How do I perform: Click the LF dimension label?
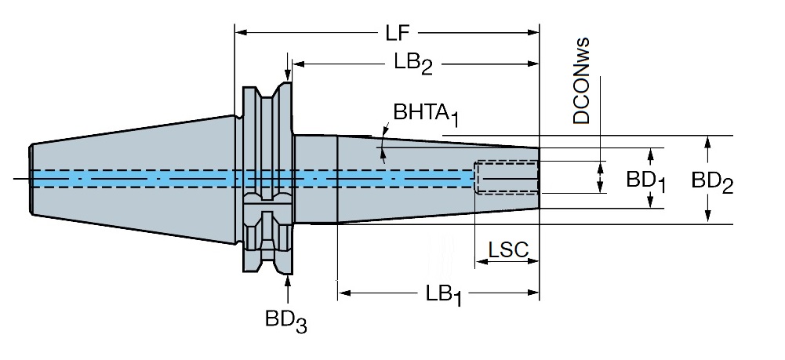click(398, 33)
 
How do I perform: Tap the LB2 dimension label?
click(413, 64)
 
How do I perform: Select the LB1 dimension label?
click(444, 295)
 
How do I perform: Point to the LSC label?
click(508, 250)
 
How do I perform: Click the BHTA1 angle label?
click(426, 115)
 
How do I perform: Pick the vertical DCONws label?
click(581, 81)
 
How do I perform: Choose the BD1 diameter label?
click(646, 182)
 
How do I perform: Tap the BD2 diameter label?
click(712, 182)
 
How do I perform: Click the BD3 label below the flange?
click(286, 321)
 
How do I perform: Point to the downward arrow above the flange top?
click(287, 67)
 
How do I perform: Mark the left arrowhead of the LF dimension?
click(241, 32)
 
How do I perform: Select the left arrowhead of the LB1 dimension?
click(344, 293)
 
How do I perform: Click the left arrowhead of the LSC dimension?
click(481, 261)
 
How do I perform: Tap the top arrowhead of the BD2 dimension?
click(707, 142)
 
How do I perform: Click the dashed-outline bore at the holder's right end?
click(507, 176)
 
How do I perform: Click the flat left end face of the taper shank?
click(31, 180)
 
